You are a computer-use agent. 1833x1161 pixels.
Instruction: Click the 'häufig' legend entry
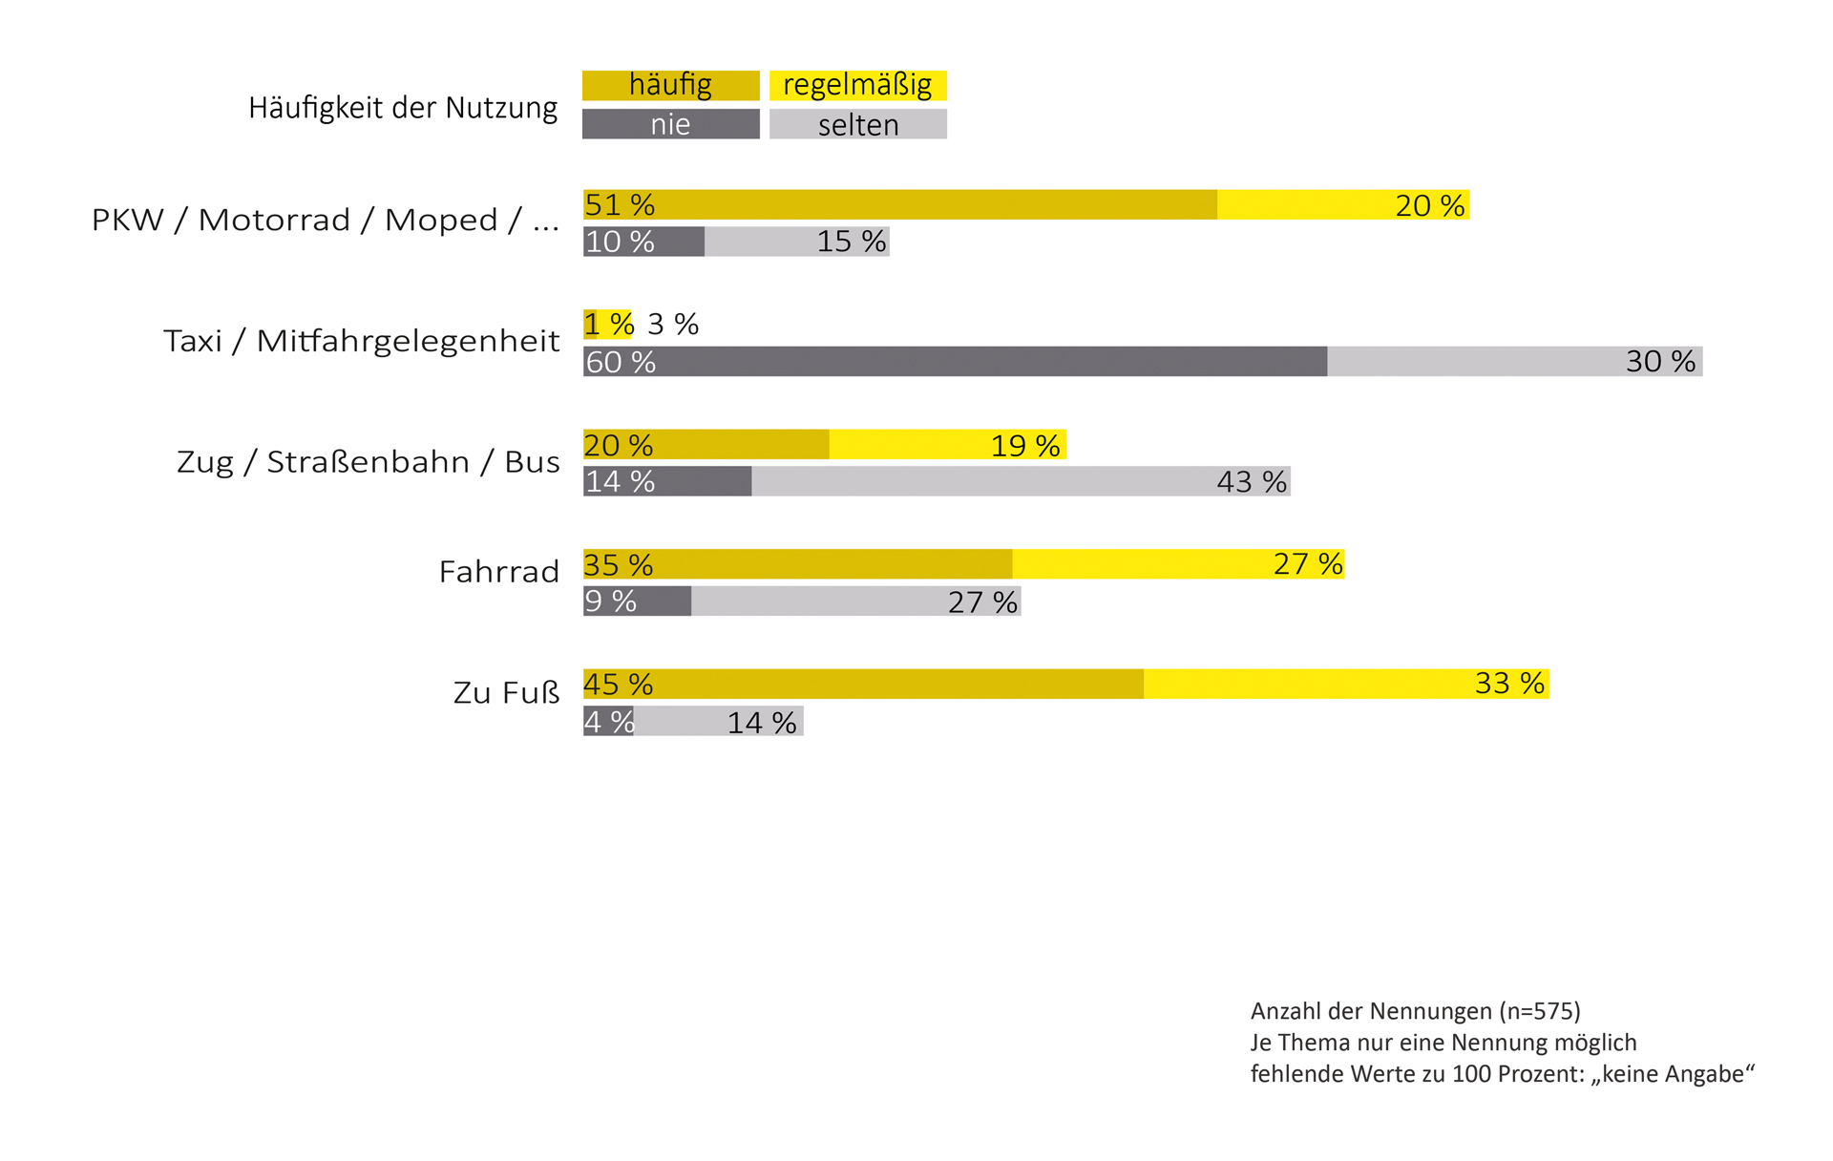point(670,85)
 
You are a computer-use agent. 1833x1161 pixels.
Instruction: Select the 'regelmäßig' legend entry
point(857,85)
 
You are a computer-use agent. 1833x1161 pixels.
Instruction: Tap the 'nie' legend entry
point(670,124)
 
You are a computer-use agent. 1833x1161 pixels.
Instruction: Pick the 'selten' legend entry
point(857,124)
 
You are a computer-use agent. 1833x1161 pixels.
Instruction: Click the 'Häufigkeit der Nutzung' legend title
point(402,107)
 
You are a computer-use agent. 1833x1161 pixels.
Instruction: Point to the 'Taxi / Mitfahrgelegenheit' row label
point(361,341)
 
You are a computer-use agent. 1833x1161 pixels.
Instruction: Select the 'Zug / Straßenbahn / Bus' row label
point(368,462)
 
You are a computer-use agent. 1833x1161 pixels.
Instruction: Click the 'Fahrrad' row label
point(498,572)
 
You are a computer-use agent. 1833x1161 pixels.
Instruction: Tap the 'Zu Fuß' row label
point(506,692)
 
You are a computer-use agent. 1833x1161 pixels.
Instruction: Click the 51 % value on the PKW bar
point(620,205)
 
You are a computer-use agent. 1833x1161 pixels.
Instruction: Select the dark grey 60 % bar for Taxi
point(955,362)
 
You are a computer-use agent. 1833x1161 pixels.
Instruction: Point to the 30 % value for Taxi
point(1660,362)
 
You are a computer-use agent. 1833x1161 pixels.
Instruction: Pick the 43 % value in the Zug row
point(1252,482)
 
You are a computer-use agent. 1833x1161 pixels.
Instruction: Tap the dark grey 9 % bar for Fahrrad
point(638,602)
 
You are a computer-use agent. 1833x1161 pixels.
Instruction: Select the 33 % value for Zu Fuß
point(1508,684)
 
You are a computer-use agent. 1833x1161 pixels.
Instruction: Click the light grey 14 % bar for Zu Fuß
point(718,722)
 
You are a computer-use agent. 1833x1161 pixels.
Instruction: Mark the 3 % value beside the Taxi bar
point(673,325)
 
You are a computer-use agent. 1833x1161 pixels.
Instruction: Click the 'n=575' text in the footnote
point(1539,1011)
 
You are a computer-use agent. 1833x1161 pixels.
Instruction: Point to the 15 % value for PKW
point(851,242)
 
